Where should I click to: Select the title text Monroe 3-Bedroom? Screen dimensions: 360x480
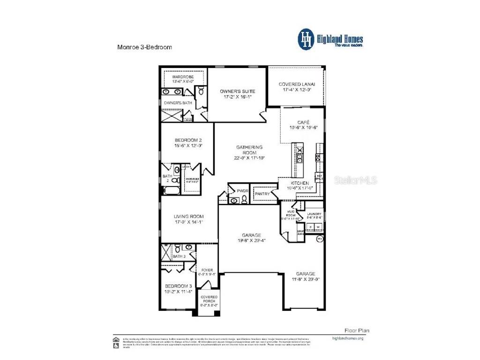click(x=144, y=47)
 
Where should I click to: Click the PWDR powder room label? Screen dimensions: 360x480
click(x=242, y=191)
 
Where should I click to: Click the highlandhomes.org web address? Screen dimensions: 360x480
click(x=347, y=338)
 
